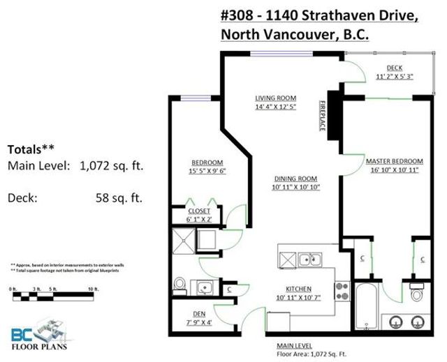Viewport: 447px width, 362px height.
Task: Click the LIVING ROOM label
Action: click(275, 98)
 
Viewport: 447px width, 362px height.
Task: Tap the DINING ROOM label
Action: click(295, 178)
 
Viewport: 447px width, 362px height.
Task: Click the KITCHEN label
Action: click(298, 289)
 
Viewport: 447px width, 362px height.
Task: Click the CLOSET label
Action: click(200, 210)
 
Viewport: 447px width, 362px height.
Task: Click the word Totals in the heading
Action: click(24, 149)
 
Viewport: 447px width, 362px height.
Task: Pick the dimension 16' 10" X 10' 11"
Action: click(392, 170)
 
